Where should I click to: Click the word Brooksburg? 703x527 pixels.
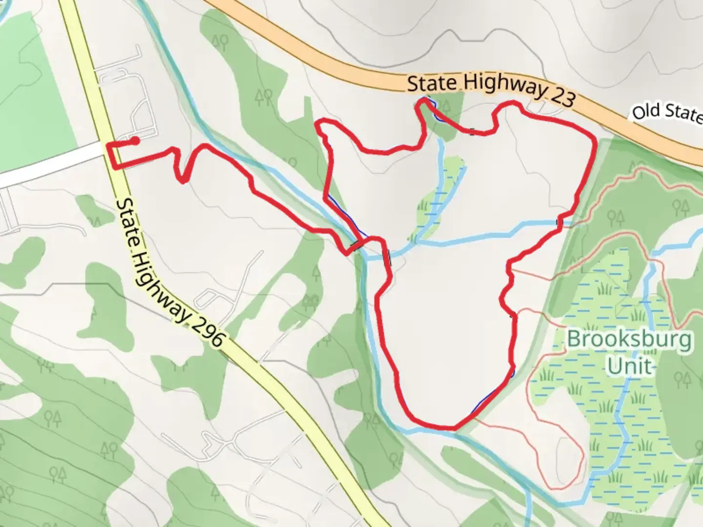point(629,339)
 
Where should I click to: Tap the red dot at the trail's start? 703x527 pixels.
point(135,141)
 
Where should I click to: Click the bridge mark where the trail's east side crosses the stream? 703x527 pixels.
point(559,223)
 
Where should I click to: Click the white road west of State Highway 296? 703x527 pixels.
point(49,163)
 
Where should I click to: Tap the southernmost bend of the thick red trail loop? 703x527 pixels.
point(439,426)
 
